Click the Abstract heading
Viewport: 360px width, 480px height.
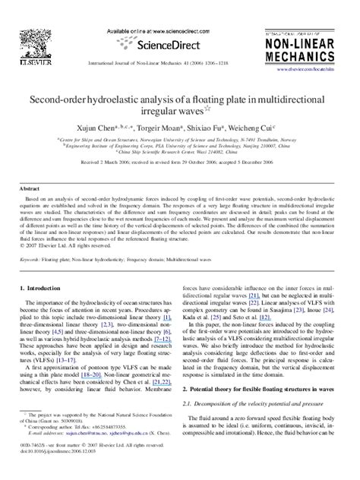click(29, 188)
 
